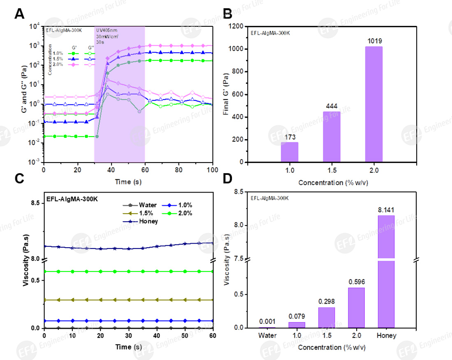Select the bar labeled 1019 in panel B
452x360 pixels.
coord(373,105)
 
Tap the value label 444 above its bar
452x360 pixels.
coord(331,107)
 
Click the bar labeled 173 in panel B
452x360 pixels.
coord(289,152)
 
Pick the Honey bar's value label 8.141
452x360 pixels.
coord(385,210)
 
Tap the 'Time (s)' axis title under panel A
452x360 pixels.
coord(128,181)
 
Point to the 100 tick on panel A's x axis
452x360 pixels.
coord(212,170)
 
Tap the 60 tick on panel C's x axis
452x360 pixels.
coord(212,336)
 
